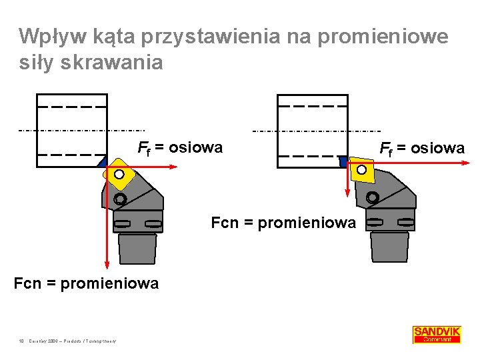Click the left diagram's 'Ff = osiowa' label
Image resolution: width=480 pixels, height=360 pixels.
point(180,147)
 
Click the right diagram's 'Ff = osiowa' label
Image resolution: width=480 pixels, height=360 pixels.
point(422,148)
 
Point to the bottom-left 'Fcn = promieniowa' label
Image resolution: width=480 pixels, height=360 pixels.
point(86,283)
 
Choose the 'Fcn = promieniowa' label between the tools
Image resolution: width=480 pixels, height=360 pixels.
point(283,223)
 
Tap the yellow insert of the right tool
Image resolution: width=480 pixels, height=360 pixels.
point(361,169)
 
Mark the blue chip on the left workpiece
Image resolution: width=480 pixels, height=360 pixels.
point(101,162)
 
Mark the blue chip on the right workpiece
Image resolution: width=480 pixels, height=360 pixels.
point(343,161)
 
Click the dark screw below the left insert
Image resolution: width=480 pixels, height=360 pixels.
point(120,199)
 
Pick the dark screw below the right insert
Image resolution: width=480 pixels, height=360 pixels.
point(372,197)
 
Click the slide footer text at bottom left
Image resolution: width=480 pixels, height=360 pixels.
point(67,341)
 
